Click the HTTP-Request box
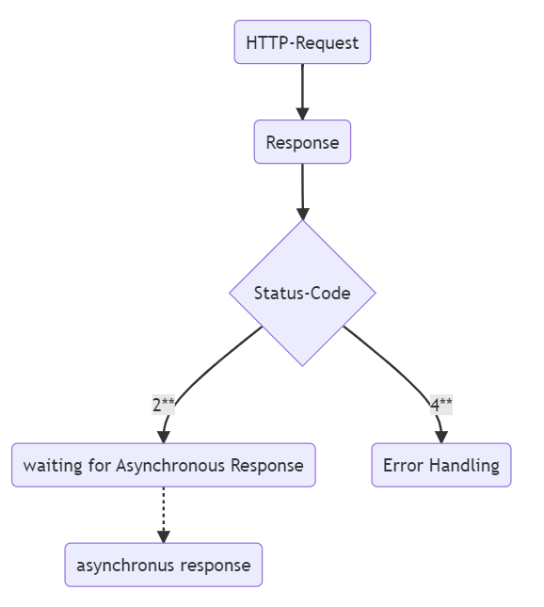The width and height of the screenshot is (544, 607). pos(302,41)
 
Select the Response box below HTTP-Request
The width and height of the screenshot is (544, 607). pos(302,142)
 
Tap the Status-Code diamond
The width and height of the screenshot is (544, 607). pos(302,293)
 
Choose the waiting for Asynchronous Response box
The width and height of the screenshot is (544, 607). pos(164,465)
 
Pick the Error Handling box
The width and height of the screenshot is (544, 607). pos(441,465)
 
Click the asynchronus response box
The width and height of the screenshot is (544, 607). pos(164,565)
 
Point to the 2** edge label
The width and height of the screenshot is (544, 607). pos(164,405)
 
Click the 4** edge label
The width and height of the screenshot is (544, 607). pos(441,405)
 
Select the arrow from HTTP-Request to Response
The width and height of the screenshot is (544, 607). pos(302,91)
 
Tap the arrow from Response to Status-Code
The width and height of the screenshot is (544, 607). pos(302,192)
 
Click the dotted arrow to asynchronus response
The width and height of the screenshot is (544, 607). pos(164,515)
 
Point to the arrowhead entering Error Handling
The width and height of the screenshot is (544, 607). pos(441,437)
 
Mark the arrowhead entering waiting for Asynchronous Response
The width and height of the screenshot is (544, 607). pos(164,437)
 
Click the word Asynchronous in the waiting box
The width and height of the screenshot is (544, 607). pos(170,465)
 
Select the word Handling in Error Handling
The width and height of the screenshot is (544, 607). pos(464,465)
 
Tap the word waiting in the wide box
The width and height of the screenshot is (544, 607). pos(53,465)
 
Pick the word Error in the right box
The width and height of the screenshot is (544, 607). pos(403,465)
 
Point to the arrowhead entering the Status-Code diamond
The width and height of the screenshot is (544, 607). pos(303,214)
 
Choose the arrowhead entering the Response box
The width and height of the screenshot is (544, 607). pos(302,114)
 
